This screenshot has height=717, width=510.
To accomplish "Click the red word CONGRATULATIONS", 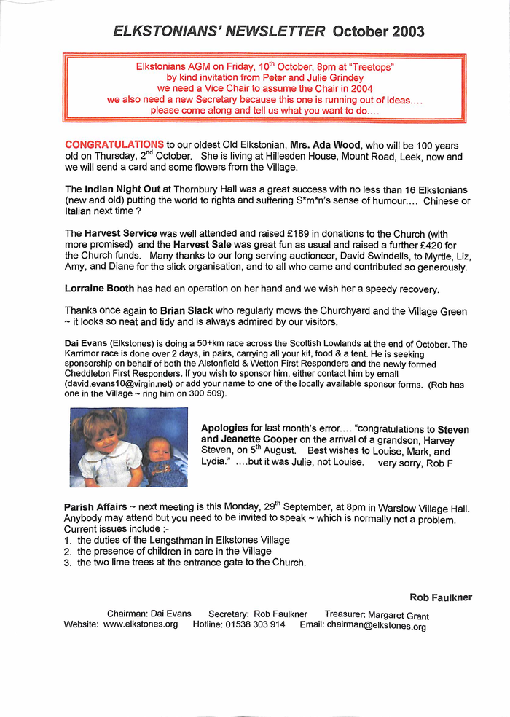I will pyautogui.click(x=114, y=145).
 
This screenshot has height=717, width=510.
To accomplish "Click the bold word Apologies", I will pyautogui.click(x=225, y=429).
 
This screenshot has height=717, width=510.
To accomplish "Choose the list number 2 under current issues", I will pyautogui.click(x=67, y=552).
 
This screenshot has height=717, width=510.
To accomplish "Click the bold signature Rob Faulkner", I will pyautogui.click(x=441, y=597).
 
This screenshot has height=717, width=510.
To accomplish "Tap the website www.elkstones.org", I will pyautogui.click(x=141, y=625).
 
